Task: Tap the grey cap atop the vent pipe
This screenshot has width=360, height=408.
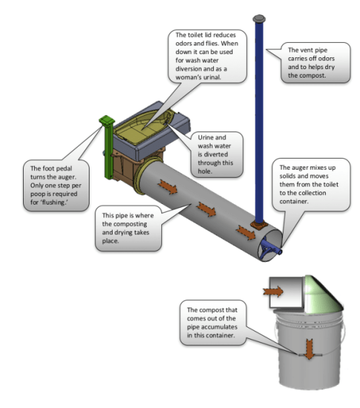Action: (x=259, y=18)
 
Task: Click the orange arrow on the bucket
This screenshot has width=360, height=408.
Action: (x=306, y=347)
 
